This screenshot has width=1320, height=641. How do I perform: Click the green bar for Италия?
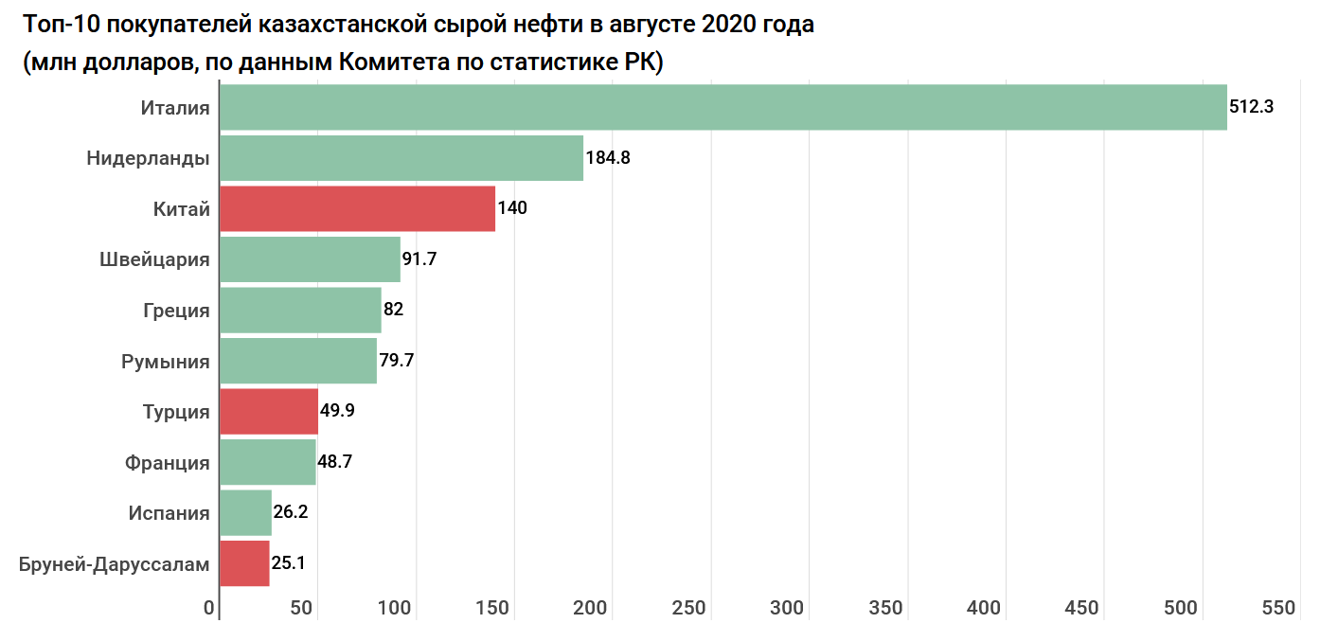[722, 107]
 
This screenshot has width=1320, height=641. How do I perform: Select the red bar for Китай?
[357, 208]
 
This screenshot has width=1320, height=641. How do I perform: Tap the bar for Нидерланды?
[401, 158]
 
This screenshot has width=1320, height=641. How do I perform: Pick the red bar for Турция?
[268, 411]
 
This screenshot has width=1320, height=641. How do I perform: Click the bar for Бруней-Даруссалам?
[244, 564]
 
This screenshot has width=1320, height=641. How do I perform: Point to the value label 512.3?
[1251, 107]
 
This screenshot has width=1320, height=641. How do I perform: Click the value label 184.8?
[608, 158]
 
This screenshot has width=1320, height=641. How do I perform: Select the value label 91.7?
[419, 259]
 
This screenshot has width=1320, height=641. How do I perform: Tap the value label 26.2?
[290, 513]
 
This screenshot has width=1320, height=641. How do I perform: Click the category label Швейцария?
[154, 259]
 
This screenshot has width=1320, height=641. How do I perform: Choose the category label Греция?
[176, 311]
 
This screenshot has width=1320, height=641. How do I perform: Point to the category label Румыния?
[166, 362]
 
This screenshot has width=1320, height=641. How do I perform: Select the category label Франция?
[167, 463]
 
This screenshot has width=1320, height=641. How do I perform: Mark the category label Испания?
[169, 513]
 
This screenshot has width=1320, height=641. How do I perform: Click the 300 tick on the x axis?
[787, 609]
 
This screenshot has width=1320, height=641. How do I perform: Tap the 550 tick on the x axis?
[1278, 609]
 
